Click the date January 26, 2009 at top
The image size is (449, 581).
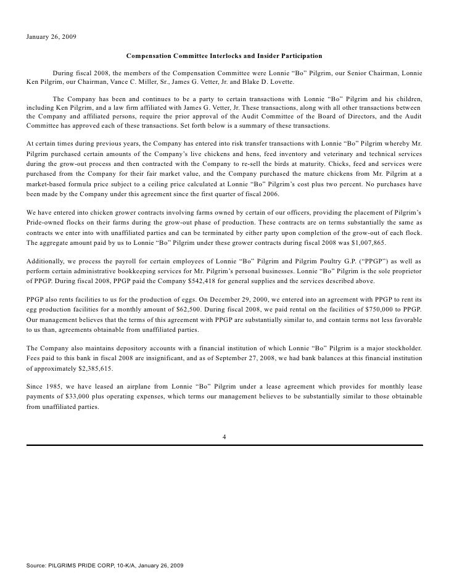(52, 36)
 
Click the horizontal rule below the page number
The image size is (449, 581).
(224, 445)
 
